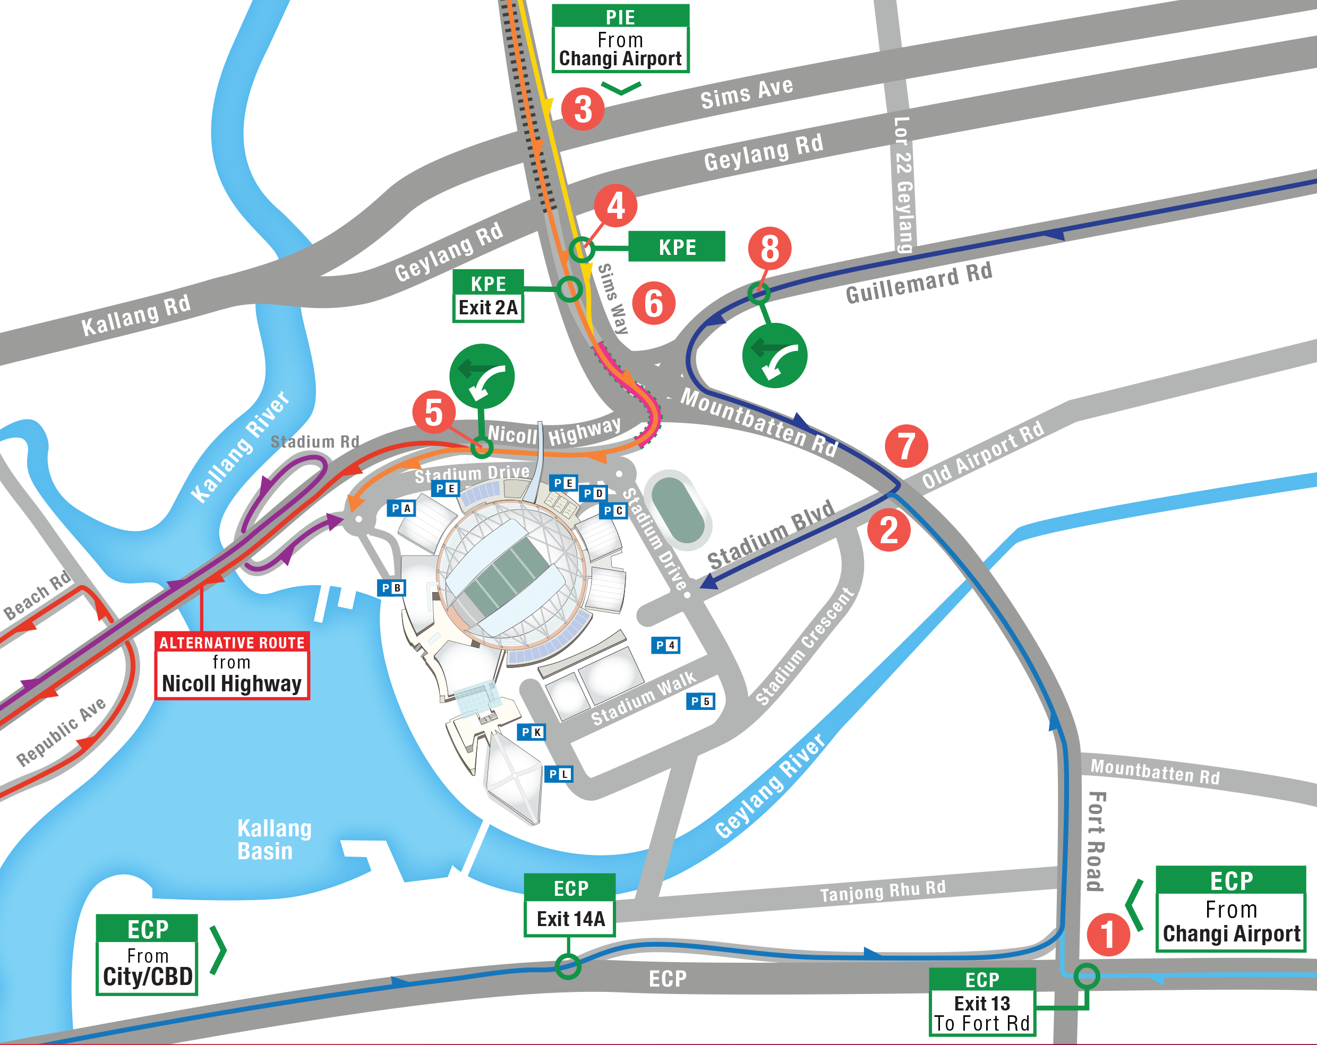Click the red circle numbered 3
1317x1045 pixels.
(582, 109)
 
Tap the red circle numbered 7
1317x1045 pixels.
(906, 446)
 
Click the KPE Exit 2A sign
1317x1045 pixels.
(488, 296)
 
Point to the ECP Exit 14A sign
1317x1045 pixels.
(569, 904)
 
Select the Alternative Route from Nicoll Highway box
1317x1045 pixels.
(232, 665)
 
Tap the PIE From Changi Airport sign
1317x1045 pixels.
(620, 38)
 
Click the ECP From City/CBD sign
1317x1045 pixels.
(147, 954)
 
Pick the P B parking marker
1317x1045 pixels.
(391, 587)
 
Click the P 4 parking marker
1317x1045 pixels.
(665, 645)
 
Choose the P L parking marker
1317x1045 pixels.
(558, 774)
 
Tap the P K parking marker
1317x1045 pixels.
(531, 732)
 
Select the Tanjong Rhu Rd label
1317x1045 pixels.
(882, 891)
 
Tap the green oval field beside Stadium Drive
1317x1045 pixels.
(678, 510)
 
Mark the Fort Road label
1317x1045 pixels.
(1097, 841)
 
